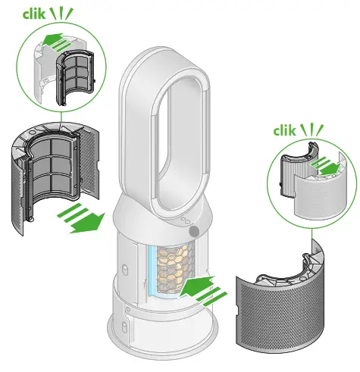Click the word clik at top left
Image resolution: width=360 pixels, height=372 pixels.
pos(16,14)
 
